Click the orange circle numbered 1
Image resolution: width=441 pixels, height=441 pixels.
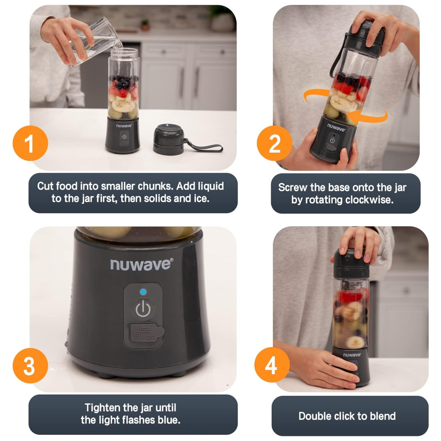click(x=30, y=143)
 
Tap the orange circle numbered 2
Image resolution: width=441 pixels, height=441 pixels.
click(x=274, y=143)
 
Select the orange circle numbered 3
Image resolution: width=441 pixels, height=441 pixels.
click(x=30, y=365)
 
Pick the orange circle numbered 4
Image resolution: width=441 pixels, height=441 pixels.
click(x=272, y=365)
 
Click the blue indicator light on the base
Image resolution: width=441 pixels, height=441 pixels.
click(x=143, y=292)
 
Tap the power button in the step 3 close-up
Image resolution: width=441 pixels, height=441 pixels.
click(x=143, y=309)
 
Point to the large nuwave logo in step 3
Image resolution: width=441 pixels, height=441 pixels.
click(x=142, y=265)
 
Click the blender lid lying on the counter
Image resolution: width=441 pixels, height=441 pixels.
click(x=168, y=139)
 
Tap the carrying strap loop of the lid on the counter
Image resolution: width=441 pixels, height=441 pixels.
click(x=204, y=146)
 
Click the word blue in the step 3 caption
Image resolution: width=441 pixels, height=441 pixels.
click(x=168, y=420)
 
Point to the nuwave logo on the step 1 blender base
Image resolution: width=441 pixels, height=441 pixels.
click(x=124, y=125)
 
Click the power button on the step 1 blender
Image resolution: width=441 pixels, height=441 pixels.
click(x=124, y=137)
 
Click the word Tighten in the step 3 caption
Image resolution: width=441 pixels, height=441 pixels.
click(x=102, y=407)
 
